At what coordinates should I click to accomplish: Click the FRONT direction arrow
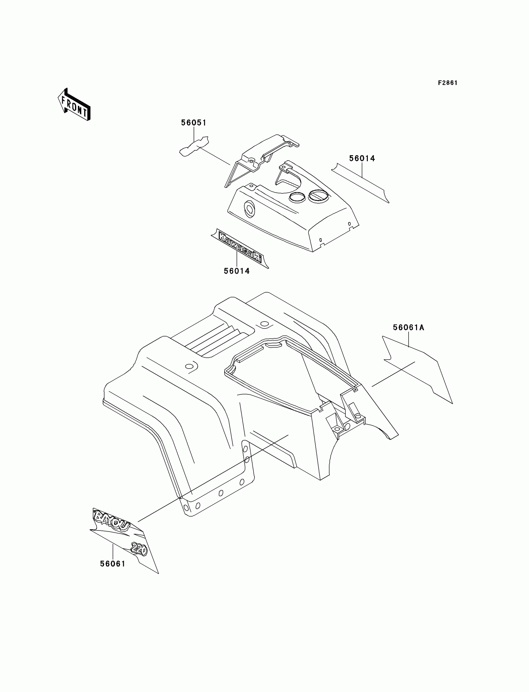(x=74, y=105)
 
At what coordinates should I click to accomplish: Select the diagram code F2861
(x=447, y=83)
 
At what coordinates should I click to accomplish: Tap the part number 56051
(x=194, y=123)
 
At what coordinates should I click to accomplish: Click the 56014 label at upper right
(x=362, y=158)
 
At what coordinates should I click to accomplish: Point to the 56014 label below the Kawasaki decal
(x=237, y=271)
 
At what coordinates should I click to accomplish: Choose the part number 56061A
(x=408, y=327)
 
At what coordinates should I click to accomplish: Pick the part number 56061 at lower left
(x=113, y=564)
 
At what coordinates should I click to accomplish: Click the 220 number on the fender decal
(x=139, y=549)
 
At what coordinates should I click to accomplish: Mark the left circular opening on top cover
(x=297, y=197)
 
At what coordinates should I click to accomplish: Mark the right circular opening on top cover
(x=318, y=196)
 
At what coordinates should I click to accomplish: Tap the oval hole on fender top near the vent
(x=189, y=366)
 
